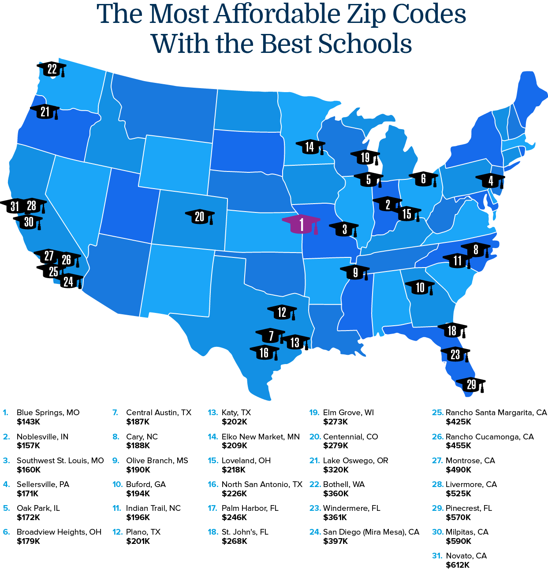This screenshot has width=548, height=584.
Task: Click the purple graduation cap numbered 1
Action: click(x=302, y=224)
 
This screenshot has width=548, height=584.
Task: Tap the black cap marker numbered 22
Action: click(x=52, y=69)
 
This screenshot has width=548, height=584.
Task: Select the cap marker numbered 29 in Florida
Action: click(x=471, y=385)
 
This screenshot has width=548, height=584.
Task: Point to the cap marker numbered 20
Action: click(x=200, y=216)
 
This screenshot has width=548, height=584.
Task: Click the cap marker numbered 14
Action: click(x=310, y=147)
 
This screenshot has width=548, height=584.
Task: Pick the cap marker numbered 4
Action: click(x=490, y=181)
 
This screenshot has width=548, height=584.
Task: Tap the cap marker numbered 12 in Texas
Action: click(x=282, y=312)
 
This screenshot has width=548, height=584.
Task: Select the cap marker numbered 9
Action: click(x=355, y=272)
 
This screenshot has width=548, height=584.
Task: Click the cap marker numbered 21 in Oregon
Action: click(x=45, y=112)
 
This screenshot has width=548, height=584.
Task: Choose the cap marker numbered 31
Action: click(x=14, y=206)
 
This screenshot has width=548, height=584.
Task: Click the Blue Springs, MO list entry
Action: click(x=48, y=413)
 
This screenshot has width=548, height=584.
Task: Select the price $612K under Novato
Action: click(x=458, y=565)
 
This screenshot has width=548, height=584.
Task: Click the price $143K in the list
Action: click(x=28, y=422)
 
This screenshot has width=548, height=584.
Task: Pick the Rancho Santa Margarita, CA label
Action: click(x=496, y=413)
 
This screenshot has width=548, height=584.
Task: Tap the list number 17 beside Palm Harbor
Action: click(x=212, y=508)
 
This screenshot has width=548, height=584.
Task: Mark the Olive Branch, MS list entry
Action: click(x=157, y=461)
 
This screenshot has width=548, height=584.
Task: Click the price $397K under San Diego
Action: click(x=336, y=541)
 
